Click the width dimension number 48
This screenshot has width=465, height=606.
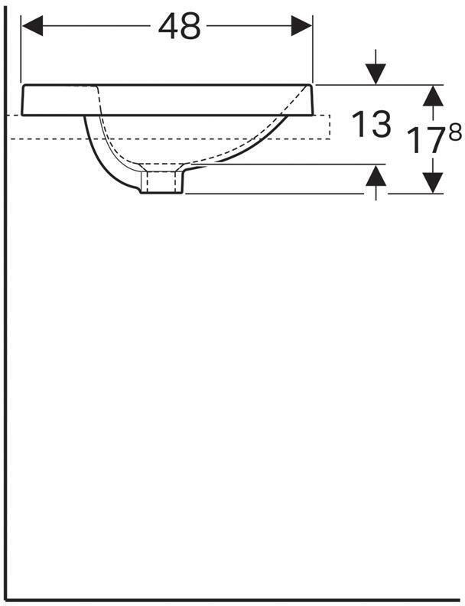(180, 27)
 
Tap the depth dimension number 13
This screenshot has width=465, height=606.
(371, 124)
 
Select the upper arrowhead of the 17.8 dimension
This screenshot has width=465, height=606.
(433, 95)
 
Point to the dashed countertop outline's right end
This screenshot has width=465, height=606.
(329, 127)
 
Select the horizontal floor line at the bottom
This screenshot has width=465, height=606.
(229, 601)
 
